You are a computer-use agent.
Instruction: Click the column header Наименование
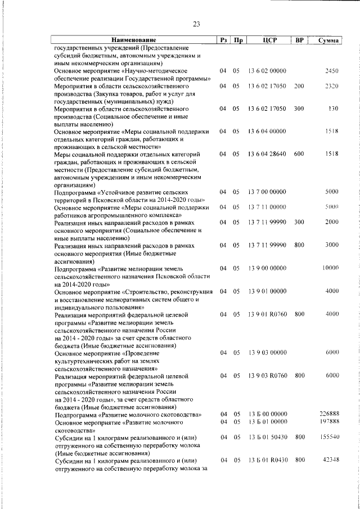[133, 40]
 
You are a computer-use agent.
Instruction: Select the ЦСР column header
[267, 40]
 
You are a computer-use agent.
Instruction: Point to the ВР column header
[299, 40]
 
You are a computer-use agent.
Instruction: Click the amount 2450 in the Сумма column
[331, 71]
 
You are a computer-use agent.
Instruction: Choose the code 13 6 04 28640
[267, 154]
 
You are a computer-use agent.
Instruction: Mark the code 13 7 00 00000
[267, 192]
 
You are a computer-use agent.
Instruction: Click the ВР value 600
[299, 154]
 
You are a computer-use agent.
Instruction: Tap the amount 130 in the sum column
[333, 109]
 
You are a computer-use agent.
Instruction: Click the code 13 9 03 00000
[267, 352]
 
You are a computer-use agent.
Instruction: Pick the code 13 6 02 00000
[267, 71]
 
